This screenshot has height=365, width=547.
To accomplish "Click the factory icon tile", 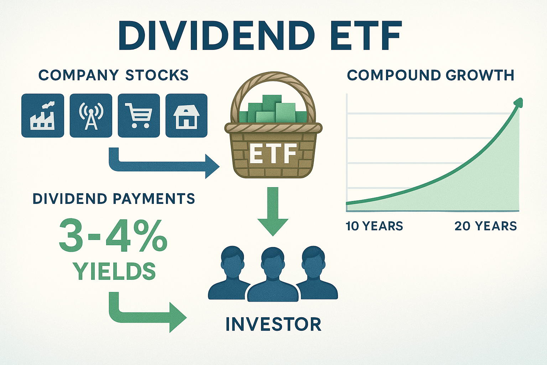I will [43, 115].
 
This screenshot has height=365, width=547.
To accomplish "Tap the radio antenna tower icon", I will [91, 115].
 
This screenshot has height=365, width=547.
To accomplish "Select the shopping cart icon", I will [139, 115].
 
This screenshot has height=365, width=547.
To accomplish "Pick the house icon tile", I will [186, 115].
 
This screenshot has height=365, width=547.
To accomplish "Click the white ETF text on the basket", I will [273, 154].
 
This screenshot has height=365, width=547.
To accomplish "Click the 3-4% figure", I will [113, 236].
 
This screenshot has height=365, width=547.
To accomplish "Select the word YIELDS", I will [114, 271].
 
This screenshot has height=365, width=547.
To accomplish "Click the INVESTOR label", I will [273, 324].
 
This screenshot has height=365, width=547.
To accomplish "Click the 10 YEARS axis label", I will [374, 226].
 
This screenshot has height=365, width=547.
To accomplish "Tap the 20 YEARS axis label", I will [485, 226].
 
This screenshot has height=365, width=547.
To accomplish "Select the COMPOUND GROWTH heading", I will [431, 75].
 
